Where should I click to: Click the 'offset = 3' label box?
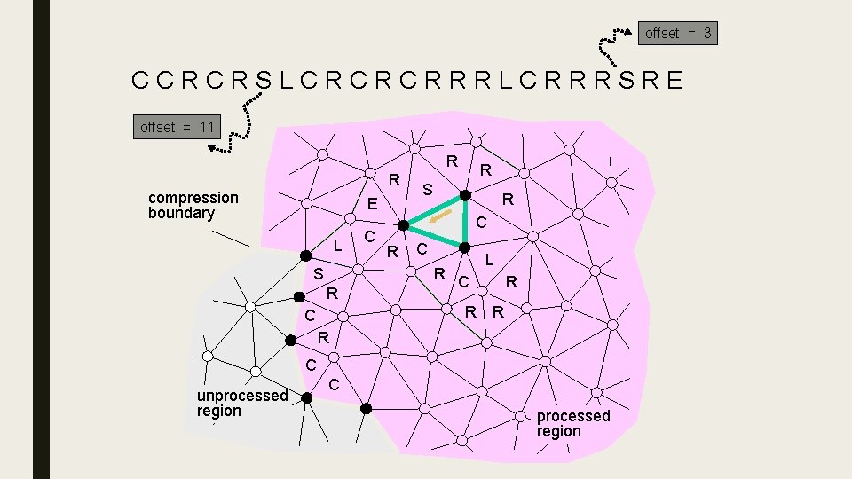tap(678, 34)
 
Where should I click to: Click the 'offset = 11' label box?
tap(177, 127)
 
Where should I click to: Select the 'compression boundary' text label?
tap(193, 205)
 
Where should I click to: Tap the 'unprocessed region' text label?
tap(241, 403)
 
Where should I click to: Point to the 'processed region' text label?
tap(572, 423)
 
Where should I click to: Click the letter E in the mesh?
tap(373, 205)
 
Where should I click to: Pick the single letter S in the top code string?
tap(264, 81)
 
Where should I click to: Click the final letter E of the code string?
tap(674, 81)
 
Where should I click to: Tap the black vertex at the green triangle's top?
tap(463, 195)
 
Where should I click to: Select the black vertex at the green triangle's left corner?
tap(402, 225)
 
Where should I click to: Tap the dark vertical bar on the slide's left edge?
tap(41, 239)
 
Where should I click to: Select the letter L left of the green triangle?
tap(337, 245)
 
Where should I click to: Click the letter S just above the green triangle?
tap(427, 190)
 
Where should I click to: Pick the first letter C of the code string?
tap(140, 81)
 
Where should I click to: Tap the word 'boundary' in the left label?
tap(181, 213)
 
